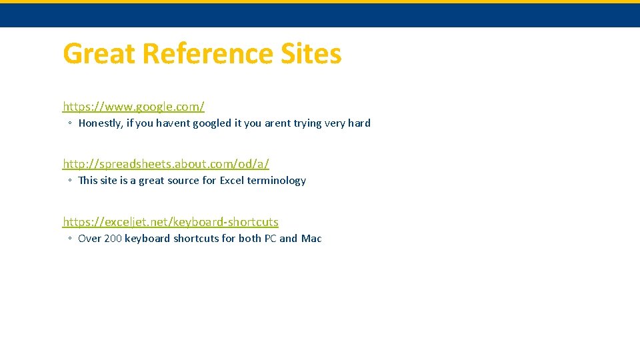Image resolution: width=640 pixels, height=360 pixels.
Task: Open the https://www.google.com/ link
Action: pos(133,106)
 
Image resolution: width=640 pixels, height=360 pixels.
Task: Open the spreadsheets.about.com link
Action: pos(166,163)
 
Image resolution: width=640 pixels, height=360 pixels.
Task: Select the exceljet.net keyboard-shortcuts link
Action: pos(171,221)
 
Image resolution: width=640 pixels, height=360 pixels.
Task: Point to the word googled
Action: pos(212,123)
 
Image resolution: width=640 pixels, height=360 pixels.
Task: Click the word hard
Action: pos(359,123)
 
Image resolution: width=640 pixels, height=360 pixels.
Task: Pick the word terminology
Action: pos(277,181)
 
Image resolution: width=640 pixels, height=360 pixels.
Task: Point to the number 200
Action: pos(113,239)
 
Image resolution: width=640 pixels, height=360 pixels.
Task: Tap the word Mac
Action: pos(311,239)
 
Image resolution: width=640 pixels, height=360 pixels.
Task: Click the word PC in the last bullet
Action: pos(270,239)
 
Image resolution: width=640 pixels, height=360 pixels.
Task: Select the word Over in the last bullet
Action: pos(89,239)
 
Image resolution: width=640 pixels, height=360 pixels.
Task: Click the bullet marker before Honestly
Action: pos(69,123)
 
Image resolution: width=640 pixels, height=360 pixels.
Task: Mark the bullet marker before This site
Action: pos(69,181)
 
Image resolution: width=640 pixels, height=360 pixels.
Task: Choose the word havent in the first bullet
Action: pos(173,123)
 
